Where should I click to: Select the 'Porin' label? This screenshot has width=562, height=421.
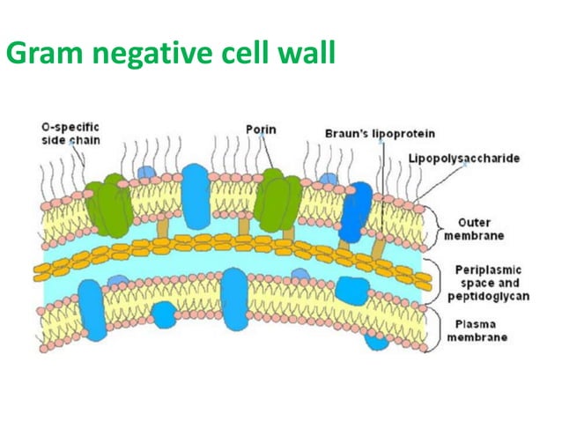click(x=260, y=129)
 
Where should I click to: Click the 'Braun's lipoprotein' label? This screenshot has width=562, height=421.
click(x=360, y=135)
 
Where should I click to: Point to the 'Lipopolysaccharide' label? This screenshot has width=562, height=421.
click(x=463, y=159)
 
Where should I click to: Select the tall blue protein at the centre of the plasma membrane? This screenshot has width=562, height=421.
click(x=234, y=299)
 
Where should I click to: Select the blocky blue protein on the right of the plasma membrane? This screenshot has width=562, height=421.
click(x=351, y=290)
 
